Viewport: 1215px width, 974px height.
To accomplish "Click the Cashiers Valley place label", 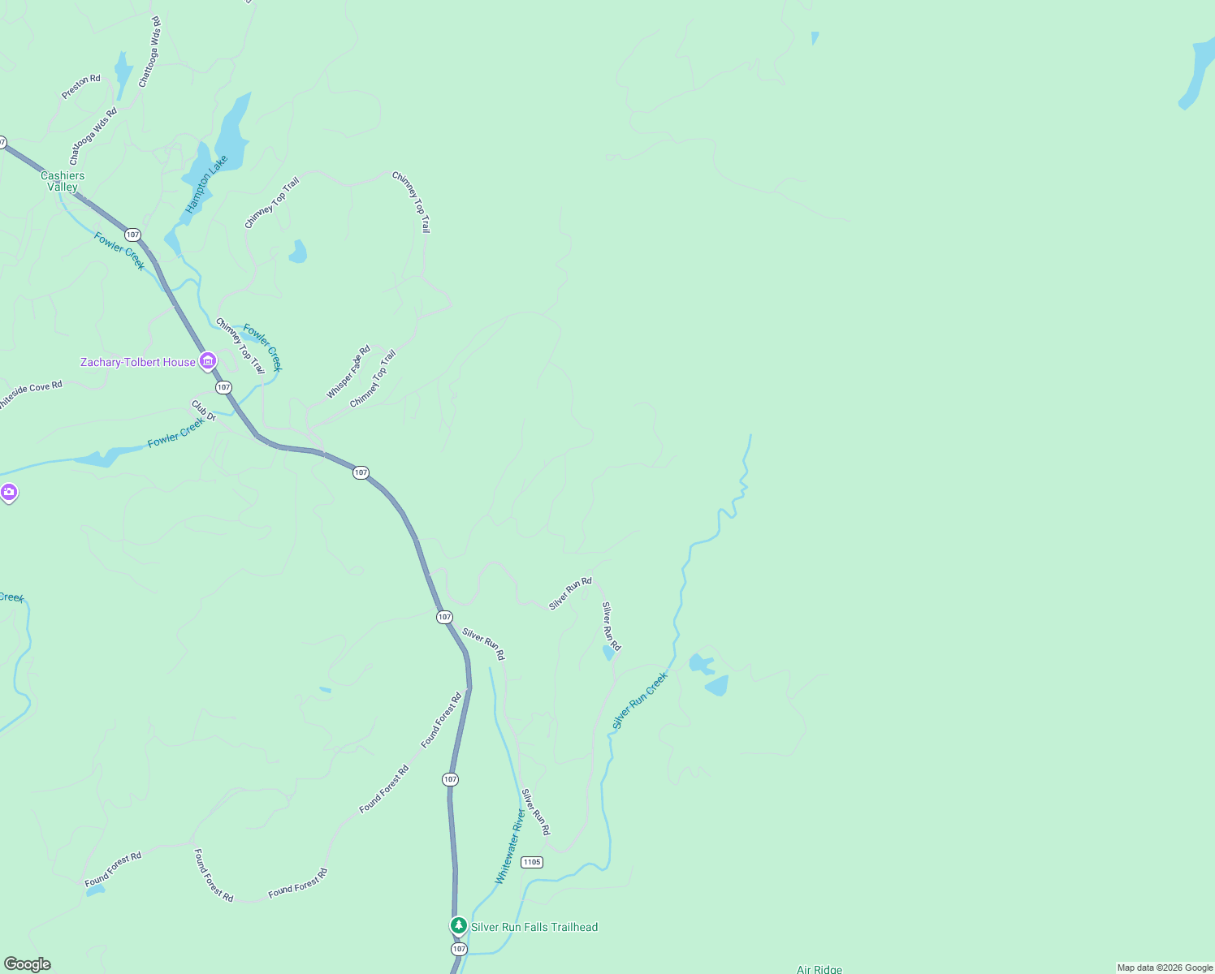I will [x=63, y=181].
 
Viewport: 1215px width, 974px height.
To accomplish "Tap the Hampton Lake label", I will [x=206, y=184].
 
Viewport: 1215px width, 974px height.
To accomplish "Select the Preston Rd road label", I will [x=81, y=87].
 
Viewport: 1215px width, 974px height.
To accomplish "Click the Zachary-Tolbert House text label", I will [x=138, y=362].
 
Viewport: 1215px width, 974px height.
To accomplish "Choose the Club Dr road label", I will [x=204, y=411].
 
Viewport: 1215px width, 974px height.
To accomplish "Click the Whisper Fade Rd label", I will [x=348, y=373].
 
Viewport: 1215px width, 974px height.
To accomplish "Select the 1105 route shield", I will [x=532, y=862].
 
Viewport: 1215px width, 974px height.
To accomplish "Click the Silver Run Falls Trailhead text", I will [x=534, y=927].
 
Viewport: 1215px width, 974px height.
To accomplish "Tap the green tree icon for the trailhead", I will [x=459, y=925].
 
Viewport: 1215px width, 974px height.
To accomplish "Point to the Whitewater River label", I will [x=511, y=847].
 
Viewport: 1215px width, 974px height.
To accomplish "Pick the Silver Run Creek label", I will [x=640, y=700].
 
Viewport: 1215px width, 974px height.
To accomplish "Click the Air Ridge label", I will [x=819, y=969].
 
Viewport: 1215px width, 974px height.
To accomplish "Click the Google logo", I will [x=28, y=964].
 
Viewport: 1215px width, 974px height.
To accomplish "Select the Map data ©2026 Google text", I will [x=1165, y=968].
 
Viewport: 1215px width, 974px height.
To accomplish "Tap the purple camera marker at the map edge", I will [x=8, y=493].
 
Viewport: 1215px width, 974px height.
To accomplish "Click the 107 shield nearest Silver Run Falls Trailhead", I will [x=459, y=949].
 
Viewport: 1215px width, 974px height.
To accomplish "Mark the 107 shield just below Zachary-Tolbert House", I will [x=223, y=387].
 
